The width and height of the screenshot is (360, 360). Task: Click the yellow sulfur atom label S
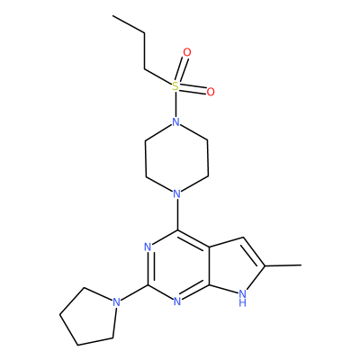pos(175,86)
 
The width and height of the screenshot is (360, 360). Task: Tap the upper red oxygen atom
pos(187,52)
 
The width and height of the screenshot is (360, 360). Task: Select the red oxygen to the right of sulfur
pos(211,92)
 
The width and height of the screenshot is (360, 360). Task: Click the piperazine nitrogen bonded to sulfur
pos(176,122)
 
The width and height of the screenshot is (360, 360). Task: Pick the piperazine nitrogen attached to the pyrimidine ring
pos(177,193)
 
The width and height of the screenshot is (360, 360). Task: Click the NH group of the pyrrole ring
pos(243,297)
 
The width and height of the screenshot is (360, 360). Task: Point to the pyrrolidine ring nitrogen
pos(116,302)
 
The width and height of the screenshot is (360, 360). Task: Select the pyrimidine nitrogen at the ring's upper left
pos(147,247)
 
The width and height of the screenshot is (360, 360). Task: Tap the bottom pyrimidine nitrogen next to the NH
pos(177,301)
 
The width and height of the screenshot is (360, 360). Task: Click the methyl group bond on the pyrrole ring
pos(283,265)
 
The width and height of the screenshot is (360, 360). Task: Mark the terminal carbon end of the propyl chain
pos(113,15)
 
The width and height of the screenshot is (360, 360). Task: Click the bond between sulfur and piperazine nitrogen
pos(175,104)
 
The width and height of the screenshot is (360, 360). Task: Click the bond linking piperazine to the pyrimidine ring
pos(177,214)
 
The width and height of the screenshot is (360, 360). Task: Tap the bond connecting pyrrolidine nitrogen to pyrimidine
pos(134,292)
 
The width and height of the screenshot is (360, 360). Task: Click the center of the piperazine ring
pos(176,158)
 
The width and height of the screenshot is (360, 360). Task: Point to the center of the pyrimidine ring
pos(177,266)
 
